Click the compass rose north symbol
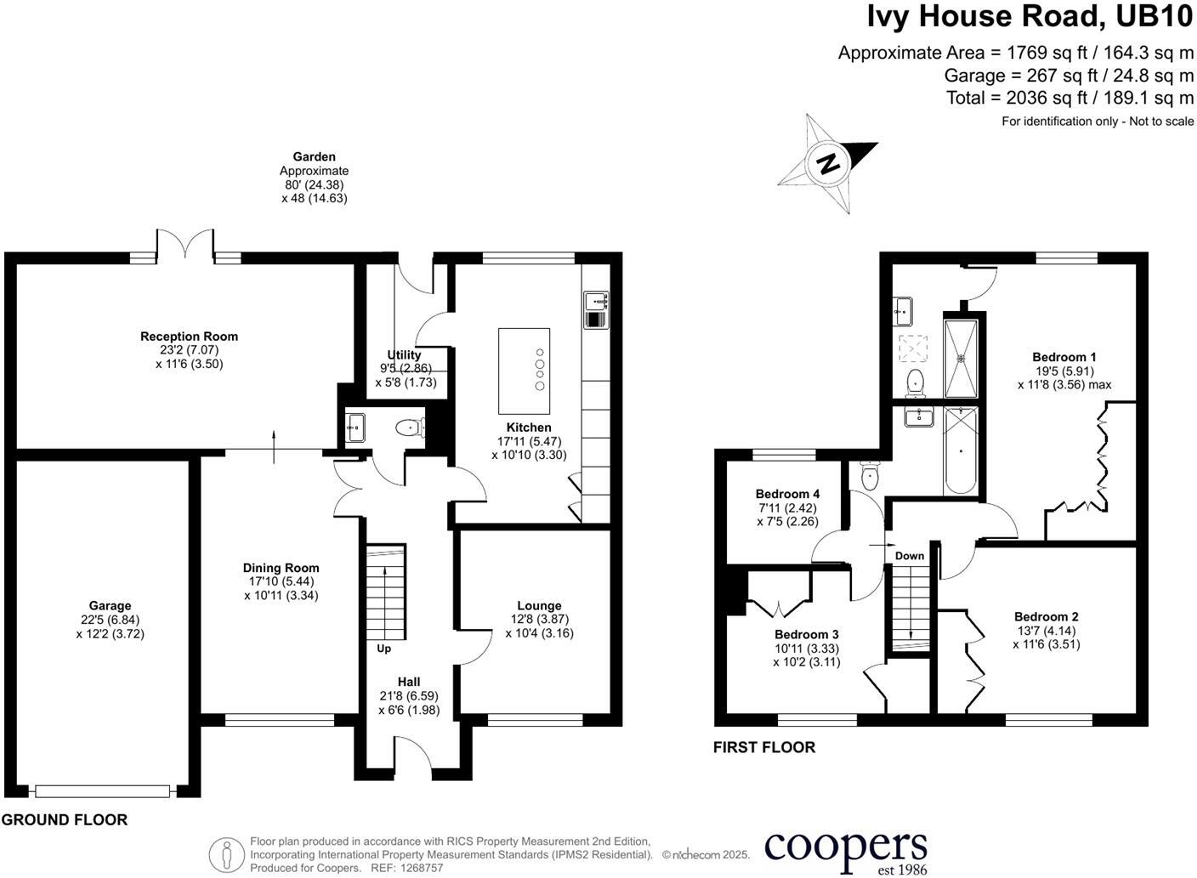(x=827, y=162)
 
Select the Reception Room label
(x=189, y=337)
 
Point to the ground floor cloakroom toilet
(x=410, y=428)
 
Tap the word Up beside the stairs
(x=383, y=649)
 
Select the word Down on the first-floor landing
(x=909, y=556)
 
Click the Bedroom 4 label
(x=787, y=494)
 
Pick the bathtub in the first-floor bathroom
(x=961, y=450)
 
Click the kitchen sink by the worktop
(x=595, y=300)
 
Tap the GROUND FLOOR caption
(x=65, y=820)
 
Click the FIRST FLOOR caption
(x=763, y=747)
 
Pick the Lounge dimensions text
(x=539, y=626)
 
